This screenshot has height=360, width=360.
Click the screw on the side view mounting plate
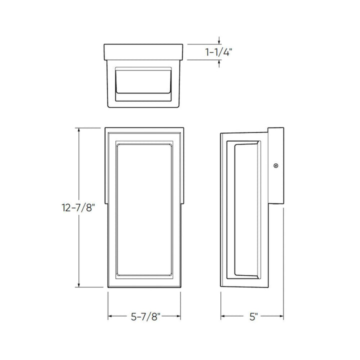click(275, 165)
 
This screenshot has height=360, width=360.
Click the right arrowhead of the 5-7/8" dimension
click(179, 316)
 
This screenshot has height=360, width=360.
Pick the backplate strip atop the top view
click(144, 51)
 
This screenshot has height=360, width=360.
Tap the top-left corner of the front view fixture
click(106, 128)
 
